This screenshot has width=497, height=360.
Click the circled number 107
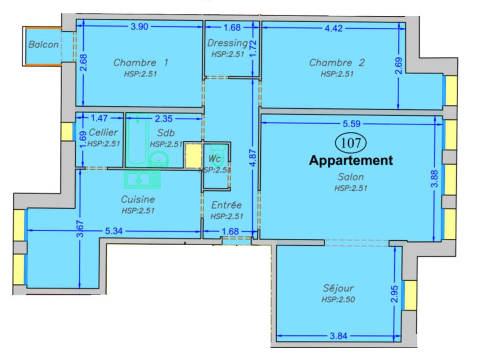click(x=351, y=143)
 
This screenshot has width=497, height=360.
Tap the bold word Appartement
click(x=351, y=161)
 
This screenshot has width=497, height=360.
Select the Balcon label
click(x=43, y=45)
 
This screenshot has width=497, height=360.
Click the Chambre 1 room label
click(x=141, y=63)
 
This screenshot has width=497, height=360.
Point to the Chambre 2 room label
click(x=337, y=63)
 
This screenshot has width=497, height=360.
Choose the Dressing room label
click(x=227, y=43)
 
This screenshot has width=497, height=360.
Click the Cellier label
click(x=103, y=132)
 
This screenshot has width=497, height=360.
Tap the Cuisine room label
click(x=138, y=199)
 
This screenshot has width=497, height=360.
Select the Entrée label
click(x=226, y=205)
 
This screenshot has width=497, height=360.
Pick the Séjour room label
click(x=338, y=288)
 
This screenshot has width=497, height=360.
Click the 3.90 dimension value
click(x=140, y=27)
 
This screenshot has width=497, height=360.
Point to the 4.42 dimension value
click(x=334, y=28)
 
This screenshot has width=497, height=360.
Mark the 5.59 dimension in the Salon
click(x=352, y=124)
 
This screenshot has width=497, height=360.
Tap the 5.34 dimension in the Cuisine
click(x=114, y=231)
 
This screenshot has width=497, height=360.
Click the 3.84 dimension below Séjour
click(x=339, y=336)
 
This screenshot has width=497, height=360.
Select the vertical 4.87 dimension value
click(x=253, y=158)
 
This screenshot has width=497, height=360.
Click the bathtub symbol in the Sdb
click(x=137, y=140)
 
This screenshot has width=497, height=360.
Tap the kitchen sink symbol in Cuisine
click(x=142, y=180)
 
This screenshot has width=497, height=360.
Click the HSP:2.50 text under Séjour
click(x=338, y=299)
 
